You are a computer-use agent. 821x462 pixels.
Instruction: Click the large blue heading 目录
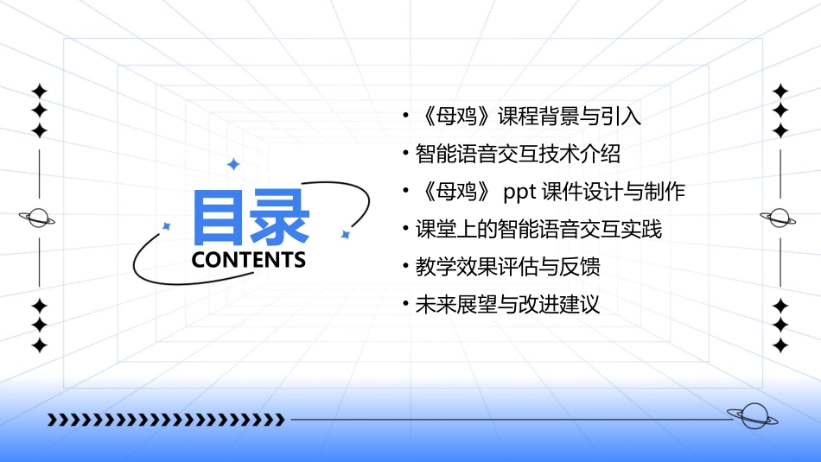[251, 218]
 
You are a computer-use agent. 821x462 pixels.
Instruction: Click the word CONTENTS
[248, 260]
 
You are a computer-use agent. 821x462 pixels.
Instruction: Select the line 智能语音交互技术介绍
[518, 155]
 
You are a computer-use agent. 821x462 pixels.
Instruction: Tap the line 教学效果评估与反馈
[507, 267]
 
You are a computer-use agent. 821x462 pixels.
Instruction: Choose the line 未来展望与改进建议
[507, 304]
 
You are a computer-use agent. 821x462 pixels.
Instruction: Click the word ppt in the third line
[520, 192]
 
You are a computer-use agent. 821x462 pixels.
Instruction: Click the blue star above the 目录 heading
[232, 164]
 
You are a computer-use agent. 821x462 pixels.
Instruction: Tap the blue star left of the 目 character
[167, 226]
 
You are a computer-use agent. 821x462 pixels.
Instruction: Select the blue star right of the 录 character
[345, 234]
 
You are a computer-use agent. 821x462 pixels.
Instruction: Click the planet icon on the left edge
[39, 218]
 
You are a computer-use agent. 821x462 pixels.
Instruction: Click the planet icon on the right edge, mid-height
[780, 218]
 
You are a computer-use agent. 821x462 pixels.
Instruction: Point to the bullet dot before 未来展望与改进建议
[406, 303]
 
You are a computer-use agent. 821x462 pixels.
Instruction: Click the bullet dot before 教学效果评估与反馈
[406, 266]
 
